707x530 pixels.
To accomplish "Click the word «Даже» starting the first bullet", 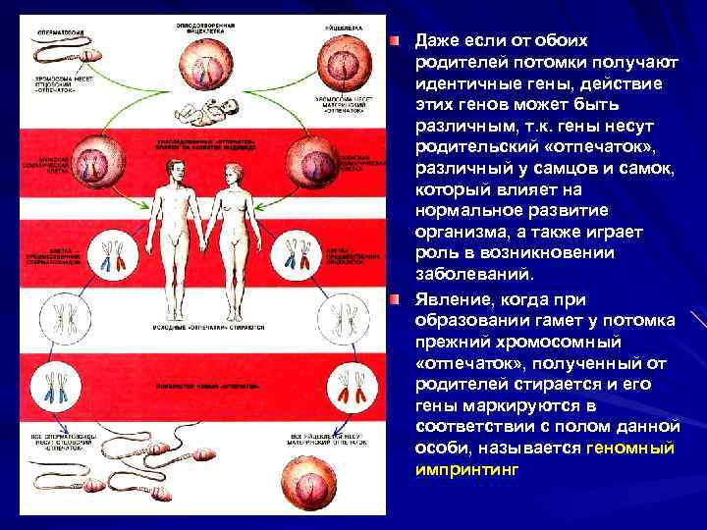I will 439,40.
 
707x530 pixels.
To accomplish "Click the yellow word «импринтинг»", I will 466,469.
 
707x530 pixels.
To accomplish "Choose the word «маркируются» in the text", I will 514,405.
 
